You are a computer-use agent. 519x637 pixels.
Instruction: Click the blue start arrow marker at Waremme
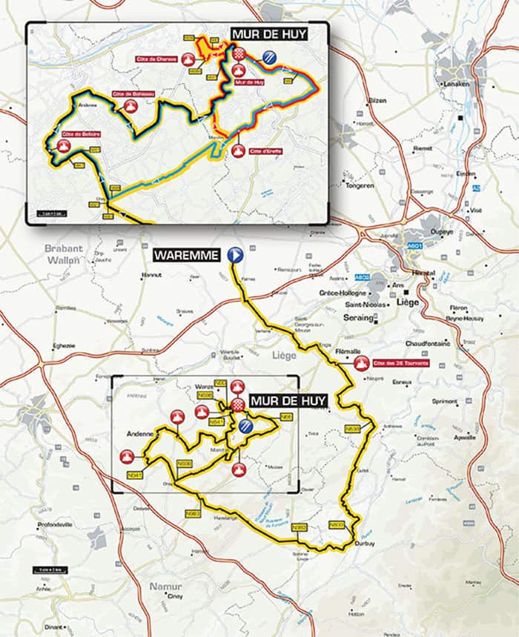pyautogui.click(x=236, y=255)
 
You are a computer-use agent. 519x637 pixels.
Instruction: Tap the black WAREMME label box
pyautogui.click(x=187, y=256)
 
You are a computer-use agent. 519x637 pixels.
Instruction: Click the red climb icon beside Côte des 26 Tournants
pyautogui.click(x=362, y=364)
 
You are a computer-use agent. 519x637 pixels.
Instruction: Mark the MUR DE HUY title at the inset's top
pyautogui.click(x=268, y=34)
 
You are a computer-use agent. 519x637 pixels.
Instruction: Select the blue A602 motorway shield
pyautogui.click(x=362, y=277)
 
